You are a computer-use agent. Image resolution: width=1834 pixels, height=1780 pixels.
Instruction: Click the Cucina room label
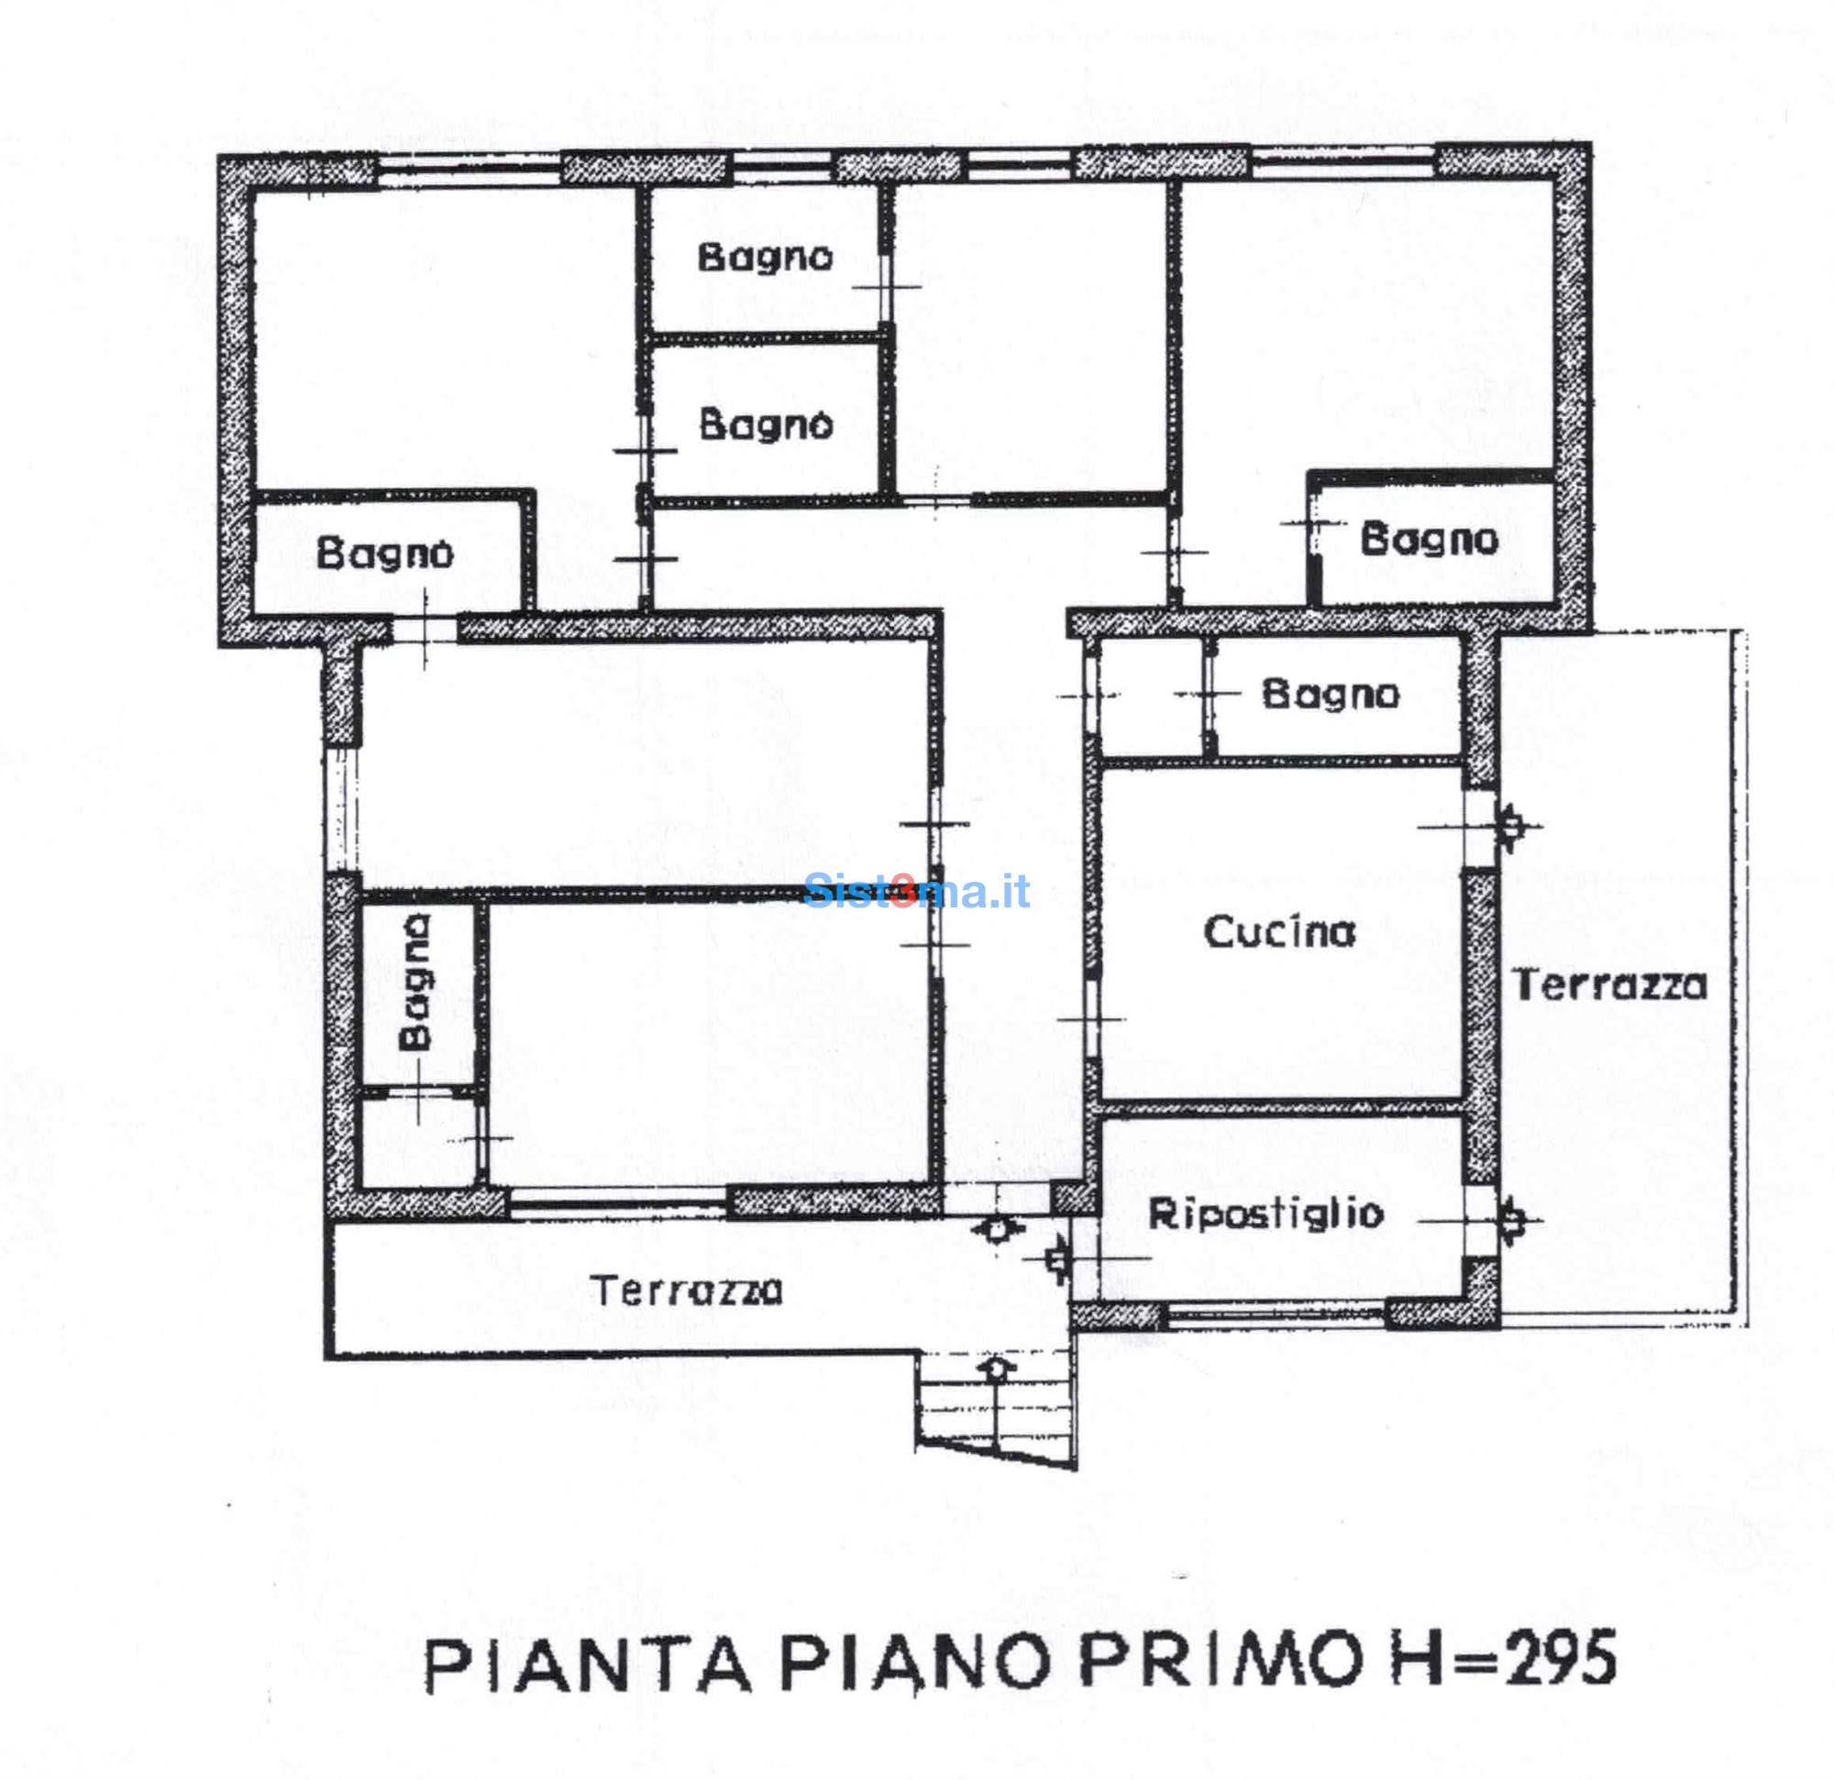[x=1279, y=932]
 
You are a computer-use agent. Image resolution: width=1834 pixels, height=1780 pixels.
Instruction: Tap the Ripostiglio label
[x=1266, y=1214]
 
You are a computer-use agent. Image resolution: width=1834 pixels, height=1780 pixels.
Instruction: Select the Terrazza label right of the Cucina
[x=1611, y=985]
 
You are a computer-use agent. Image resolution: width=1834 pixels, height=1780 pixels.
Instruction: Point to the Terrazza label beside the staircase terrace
[x=688, y=1291]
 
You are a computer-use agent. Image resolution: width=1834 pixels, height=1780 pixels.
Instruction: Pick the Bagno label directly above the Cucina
[x=1331, y=694]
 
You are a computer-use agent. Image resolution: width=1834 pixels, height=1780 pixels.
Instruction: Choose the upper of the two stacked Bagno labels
[x=766, y=258]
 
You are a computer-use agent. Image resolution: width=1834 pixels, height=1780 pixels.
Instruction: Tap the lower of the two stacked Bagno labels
[x=767, y=424]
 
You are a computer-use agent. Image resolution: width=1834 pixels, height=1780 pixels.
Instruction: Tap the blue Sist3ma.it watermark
[x=917, y=891]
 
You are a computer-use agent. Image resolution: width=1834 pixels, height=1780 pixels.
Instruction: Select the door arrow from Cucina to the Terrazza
[x=1509, y=826]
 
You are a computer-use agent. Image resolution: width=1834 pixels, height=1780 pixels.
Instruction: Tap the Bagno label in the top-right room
[x=1429, y=539]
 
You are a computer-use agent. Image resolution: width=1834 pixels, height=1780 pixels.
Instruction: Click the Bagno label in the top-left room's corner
[x=384, y=554]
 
